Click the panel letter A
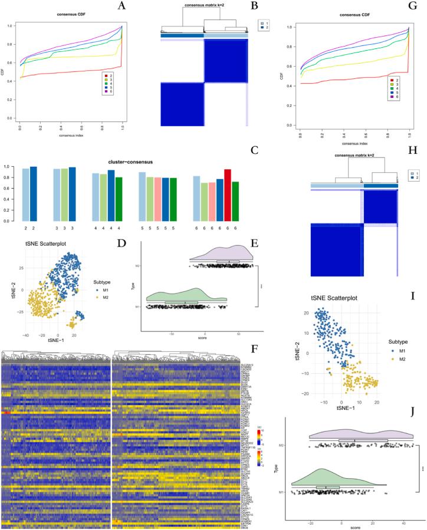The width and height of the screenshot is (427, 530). point(122,6)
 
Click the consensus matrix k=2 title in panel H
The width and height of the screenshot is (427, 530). point(351,156)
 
